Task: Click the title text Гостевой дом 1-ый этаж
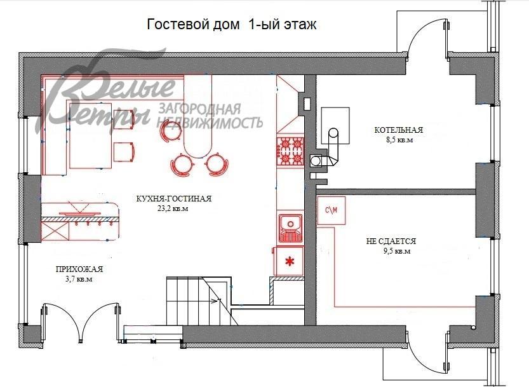pyautogui.click(x=232, y=25)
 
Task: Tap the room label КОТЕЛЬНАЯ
pyautogui.click(x=398, y=130)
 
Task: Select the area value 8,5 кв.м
pyautogui.click(x=398, y=140)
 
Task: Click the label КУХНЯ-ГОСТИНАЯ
pyautogui.click(x=173, y=198)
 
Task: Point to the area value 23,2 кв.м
pyautogui.click(x=173, y=208)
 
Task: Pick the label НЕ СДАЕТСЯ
pyautogui.click(x=391, y=241)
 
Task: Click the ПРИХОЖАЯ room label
pyautogui.click(x=79, y=269)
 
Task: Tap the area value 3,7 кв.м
pyautogui.click(x=79, y=279)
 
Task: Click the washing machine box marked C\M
pyautogui.click(x=331, y=210)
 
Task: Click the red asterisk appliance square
pyautogui.click(x=290, y=261)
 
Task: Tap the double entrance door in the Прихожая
pyautogui.click(x=81, y=318)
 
